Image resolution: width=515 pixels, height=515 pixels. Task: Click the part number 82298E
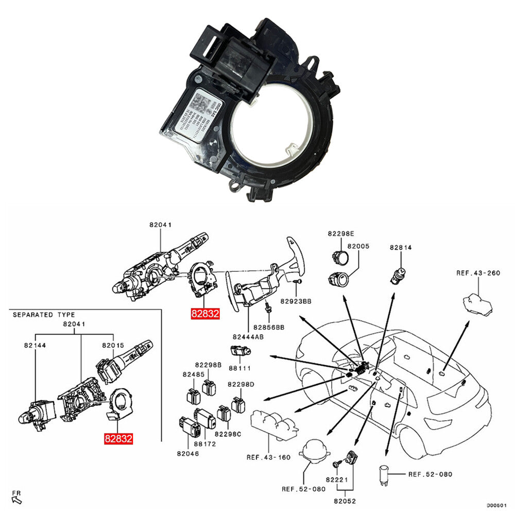point(340,233)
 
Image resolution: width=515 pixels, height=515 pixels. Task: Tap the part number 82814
point(400,248)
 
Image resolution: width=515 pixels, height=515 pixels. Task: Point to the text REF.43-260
point(478,273)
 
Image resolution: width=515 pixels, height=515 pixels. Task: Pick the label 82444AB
point(249,337)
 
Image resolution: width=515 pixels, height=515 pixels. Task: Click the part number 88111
point(240,368)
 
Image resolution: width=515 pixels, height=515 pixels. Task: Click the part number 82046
point(188,454)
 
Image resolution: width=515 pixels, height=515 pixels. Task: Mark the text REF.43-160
point(268,457)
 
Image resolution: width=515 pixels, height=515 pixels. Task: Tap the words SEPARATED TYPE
point(44,314)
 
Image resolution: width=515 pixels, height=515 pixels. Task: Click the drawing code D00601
point(497,506)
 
